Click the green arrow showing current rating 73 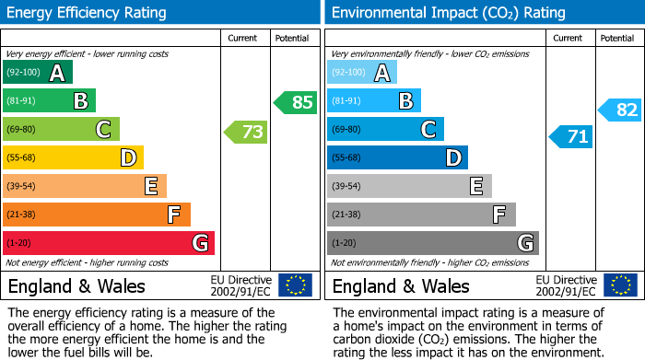point(246,133)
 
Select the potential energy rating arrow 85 point(296,102)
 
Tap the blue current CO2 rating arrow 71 point(571,137)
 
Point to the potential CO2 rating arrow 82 point(620,110)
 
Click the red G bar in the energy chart point(108,243)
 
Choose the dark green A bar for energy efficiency point(38,73)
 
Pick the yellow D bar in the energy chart point(73,157)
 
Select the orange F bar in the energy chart point(97,215)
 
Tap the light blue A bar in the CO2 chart point(362,73)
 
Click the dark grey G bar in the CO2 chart point(432,243)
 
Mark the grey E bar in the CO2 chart point(409,186)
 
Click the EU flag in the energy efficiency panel point(295,285)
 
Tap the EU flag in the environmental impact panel point(621,285)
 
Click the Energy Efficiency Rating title point(88,13)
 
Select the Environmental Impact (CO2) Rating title point(447,13)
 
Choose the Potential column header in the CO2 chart point(617,38)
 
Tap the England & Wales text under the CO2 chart point(401,286)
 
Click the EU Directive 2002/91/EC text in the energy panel point(240,285)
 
